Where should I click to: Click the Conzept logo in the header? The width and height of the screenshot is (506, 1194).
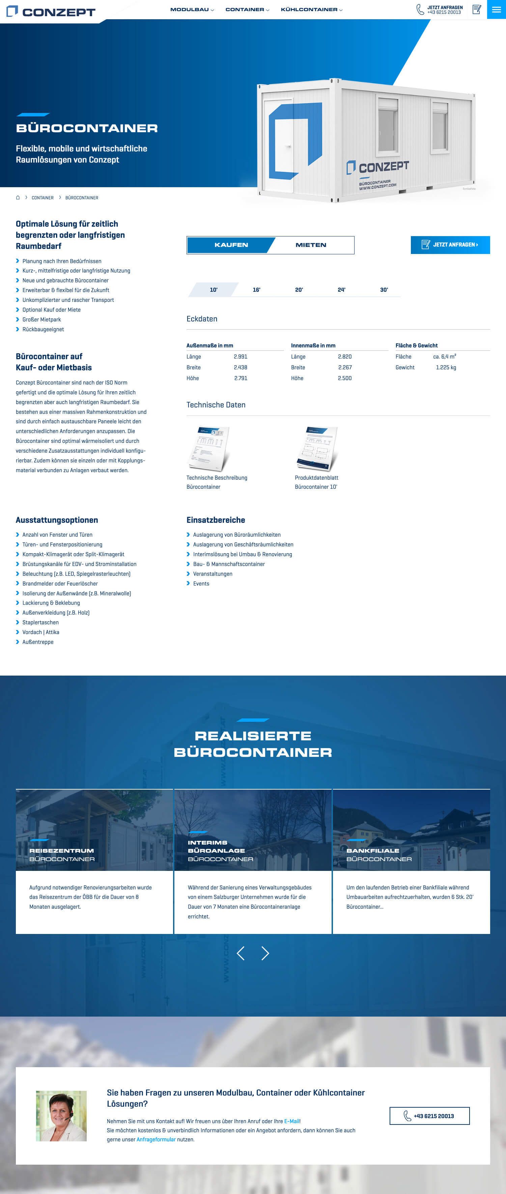click(51, 11)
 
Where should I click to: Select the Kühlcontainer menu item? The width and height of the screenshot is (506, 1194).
click(311, 10)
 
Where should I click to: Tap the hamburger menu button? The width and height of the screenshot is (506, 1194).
click(496, 9)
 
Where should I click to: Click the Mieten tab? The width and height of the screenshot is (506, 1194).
click(311, 245)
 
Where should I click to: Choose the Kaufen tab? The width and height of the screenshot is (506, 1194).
click(231, 245)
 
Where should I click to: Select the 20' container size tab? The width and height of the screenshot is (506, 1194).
click(299, 290)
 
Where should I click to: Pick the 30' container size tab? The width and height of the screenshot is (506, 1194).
click(384, 290)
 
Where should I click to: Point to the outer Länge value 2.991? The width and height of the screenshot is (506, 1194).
click(241, 357)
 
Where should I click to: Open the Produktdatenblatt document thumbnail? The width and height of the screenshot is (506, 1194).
click(317, 449)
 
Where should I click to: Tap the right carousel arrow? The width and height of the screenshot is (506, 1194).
click(265, 954)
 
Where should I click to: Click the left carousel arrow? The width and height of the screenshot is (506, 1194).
click(241, 954)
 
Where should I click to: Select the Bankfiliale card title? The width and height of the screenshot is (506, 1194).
click(372, 851)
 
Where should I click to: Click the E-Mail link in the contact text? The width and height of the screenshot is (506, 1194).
click(292, 1121)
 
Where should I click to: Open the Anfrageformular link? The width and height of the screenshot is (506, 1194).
click(156, 1139)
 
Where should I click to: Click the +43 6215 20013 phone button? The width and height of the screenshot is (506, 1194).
click(429, 1116)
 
